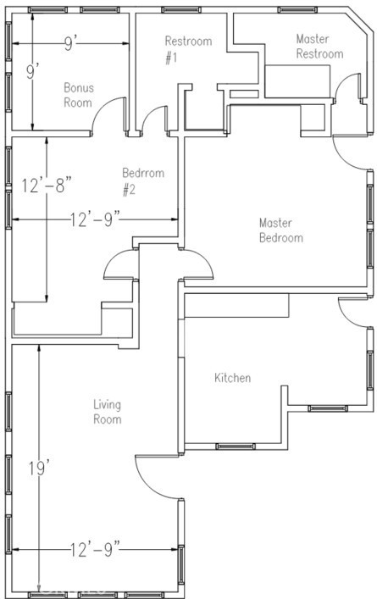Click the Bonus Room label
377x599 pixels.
pos(78,95)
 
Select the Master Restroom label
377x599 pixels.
pos(319,47)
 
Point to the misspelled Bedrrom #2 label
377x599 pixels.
pos(143,181)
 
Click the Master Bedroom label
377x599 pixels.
pos(281,230)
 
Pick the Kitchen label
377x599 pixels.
pos(233,378)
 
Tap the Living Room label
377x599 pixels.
pos(108,412)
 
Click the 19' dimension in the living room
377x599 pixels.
pos(39,469)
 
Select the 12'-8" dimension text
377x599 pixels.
pos(47,186)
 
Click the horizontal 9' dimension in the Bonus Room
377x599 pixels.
pos(70,44)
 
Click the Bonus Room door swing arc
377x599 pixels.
pos(103,108)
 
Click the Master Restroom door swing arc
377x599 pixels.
pos(343,81)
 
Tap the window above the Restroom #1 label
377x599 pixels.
pos(180,9)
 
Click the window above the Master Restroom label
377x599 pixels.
pos(297,9)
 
